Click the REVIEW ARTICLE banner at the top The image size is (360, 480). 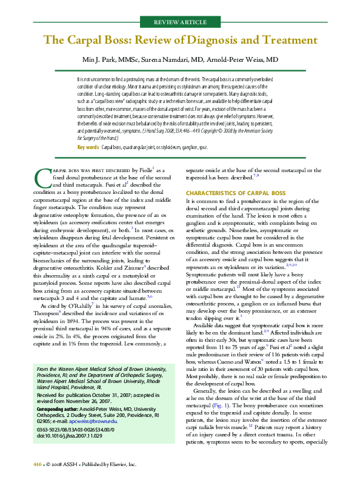[x=180, y=22]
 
